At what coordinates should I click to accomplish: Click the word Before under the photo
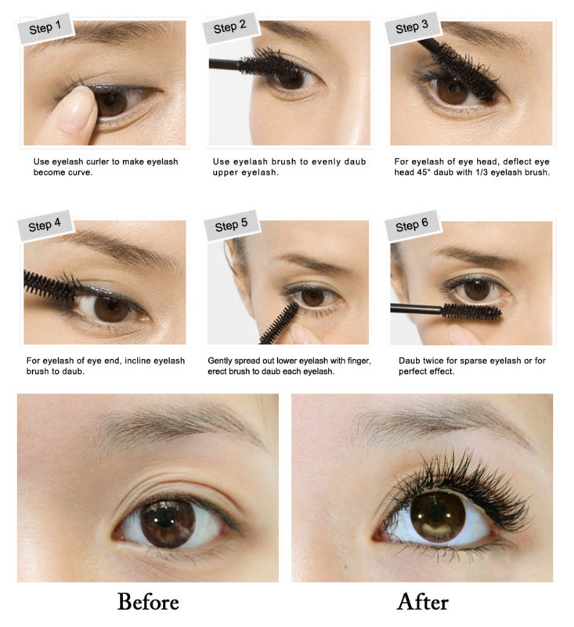pos(148,602)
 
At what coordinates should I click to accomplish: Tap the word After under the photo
pos(423,602)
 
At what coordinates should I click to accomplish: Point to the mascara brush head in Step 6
pos(471,311)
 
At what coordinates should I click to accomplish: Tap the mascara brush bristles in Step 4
pos(49,282)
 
